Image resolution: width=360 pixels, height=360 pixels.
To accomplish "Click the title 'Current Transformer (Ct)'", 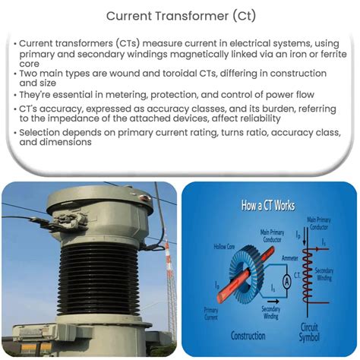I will [179, 14].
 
